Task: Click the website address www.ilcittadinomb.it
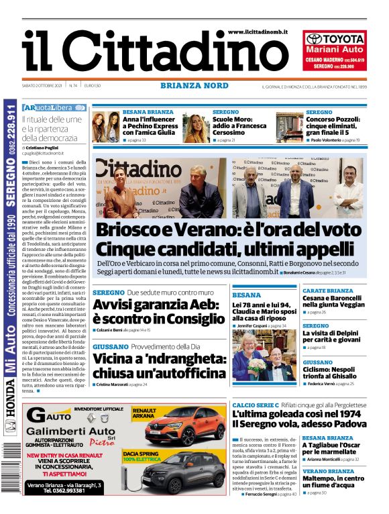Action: click(258, 32)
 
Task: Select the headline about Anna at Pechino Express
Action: click(150, 125)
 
